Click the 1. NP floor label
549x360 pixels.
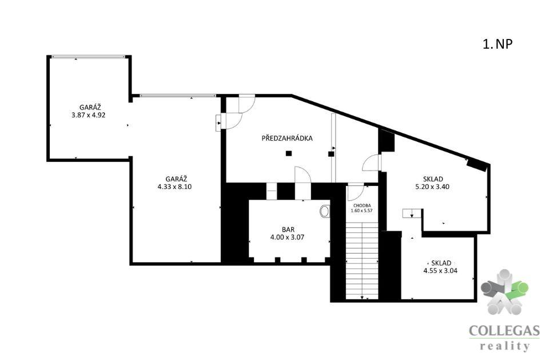click(498, 44)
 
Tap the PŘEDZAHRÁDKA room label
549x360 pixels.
click(287, 138)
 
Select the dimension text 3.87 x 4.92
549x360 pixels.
click(88, 115)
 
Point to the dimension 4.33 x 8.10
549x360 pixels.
click(174, 187)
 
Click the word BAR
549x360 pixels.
click(288, 230)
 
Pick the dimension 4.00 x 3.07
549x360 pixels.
click(287, 238)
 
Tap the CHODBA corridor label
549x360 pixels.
click(362, 206)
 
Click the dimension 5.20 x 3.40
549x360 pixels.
click(432, 187)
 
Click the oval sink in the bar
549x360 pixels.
click(325, 211)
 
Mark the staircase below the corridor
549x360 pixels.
click(362, 260)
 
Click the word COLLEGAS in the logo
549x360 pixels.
click(504, 331)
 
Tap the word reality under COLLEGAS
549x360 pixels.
click(504, 346)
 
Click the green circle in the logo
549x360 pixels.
click(522, 288)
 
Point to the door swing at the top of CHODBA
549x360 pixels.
click(355, 192)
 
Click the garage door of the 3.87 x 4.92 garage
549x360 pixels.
click(88, 57)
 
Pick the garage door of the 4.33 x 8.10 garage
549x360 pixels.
click(178, 96)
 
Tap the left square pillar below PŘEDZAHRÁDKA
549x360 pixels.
click(288, 153)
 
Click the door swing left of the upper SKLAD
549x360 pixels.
click(371, 163)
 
